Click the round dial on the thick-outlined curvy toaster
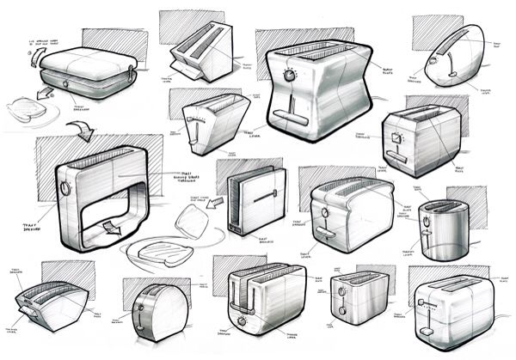coord(289,76)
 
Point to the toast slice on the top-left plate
coord(28,108)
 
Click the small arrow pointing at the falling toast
coord(213,204)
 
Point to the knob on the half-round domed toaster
coord(138,308)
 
